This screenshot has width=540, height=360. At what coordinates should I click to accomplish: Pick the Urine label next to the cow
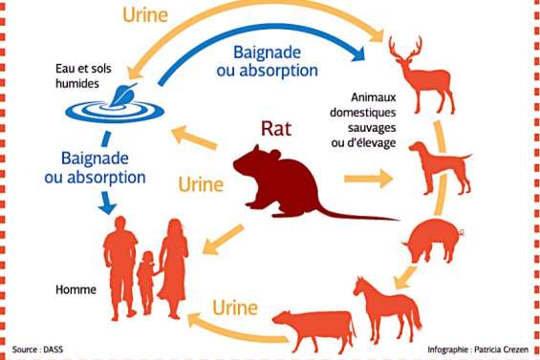click(x=233, y=307)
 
